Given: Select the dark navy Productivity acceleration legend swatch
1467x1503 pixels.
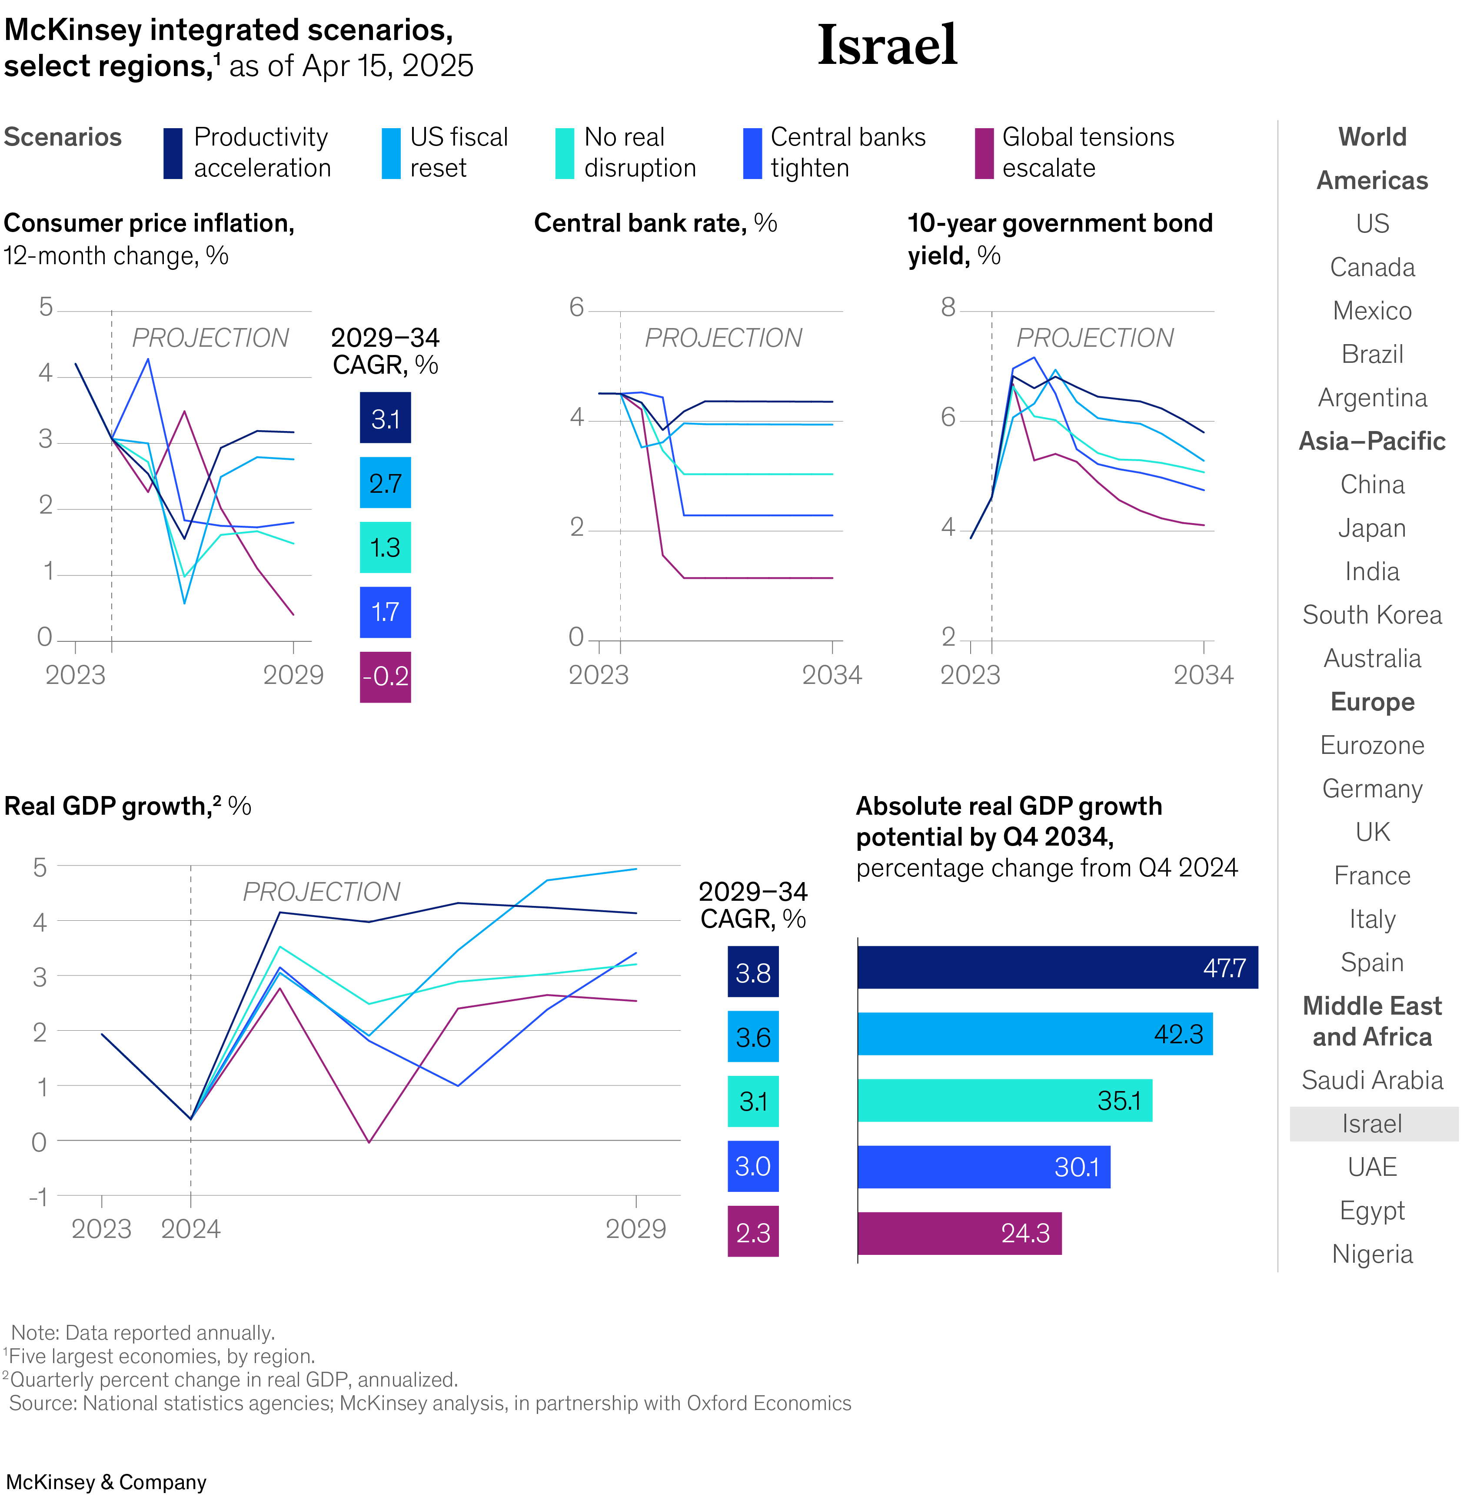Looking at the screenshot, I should tap(173, 153).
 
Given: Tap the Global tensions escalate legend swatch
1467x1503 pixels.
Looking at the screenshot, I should tap(984, 153).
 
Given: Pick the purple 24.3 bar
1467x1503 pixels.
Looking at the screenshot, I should tap(959, 1233).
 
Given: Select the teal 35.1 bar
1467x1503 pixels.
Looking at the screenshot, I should tap(1004, 1100).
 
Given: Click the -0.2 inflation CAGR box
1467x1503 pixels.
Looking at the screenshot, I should tap(385, 677).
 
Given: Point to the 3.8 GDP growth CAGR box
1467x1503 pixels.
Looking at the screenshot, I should tap(753, 972).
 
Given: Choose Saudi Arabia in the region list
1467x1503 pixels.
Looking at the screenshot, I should tap(1371, 1080).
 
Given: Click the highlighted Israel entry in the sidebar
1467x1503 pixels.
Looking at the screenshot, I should tap(1371, 1124).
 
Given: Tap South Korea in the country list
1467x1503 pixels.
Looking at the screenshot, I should tap(1371, 615).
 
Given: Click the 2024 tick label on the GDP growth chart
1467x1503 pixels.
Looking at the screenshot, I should tap(190, 1229).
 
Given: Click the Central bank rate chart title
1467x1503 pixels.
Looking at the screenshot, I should tap(655, 223).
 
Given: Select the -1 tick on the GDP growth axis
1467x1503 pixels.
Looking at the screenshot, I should tap(39, 1197).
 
